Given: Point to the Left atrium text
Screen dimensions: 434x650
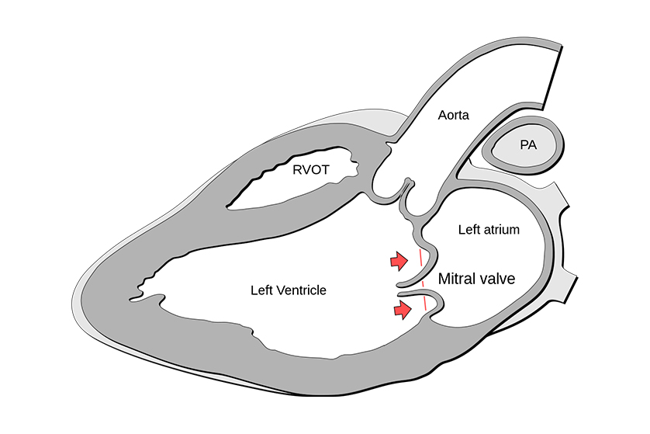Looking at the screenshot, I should tap(488, 230).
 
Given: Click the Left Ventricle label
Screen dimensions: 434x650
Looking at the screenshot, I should tap(289, 290).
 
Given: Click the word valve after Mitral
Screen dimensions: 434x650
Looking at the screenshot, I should tap(499, 279).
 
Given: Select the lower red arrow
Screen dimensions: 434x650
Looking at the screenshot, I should tap(401, 310).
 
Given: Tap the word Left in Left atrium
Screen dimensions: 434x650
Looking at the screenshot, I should tap(468, 230).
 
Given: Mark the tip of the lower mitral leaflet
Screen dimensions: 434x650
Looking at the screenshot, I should tap(399, 295).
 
